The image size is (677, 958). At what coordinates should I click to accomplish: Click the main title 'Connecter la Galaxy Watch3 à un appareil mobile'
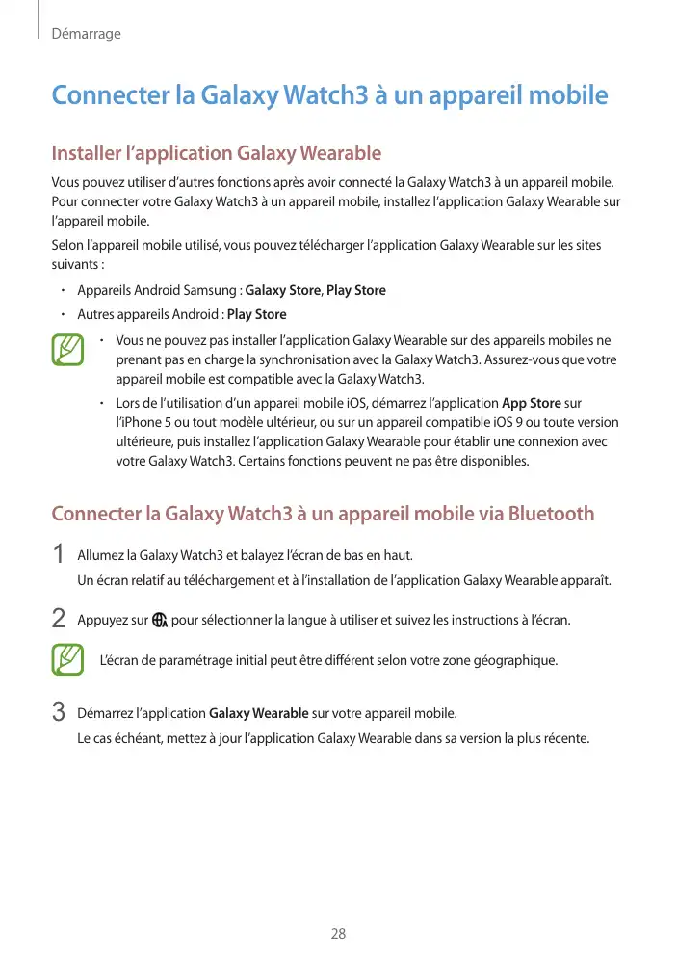pos(329,96)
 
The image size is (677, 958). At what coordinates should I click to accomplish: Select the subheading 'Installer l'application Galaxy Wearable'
pos(216,153)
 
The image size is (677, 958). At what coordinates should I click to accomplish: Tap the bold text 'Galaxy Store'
pos(283,290)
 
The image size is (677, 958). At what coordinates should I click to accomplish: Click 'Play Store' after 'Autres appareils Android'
pos(256,314)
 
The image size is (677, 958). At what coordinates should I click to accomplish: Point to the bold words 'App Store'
pos(532,403)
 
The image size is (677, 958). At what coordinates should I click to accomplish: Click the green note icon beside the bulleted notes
pos(68,350)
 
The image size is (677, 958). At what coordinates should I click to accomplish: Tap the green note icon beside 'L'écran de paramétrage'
pos(68,660)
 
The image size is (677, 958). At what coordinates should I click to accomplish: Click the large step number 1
pos(59,556)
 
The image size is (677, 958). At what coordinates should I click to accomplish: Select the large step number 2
pos(59,618)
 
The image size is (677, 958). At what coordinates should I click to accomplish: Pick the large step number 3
pos(59,714)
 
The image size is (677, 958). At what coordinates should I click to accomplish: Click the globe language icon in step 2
pos(160,619)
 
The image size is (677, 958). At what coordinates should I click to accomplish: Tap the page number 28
pos(338,934)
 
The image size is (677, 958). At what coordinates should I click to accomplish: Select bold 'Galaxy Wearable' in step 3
pos(258,714)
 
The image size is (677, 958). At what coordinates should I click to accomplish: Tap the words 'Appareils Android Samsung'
pos(158,290)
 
